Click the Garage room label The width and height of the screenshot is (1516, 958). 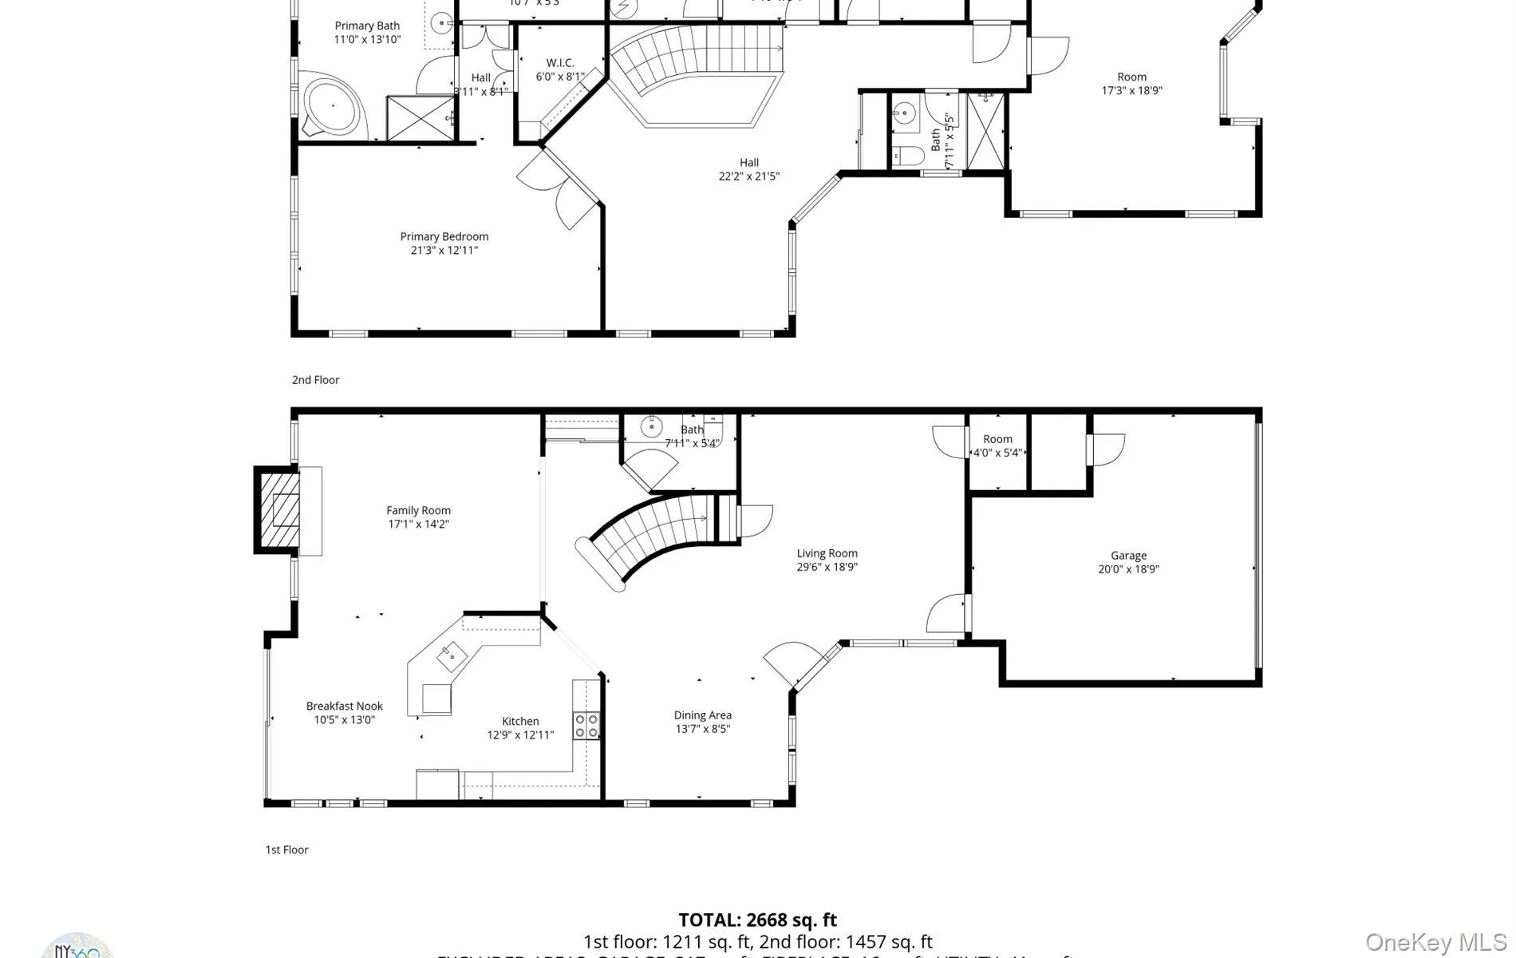[x=1128, y=556]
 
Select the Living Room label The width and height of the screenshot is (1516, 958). [x=827, y=553]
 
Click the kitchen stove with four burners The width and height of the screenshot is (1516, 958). [x=586, y=725]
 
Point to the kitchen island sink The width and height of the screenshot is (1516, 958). [x=452, y=658]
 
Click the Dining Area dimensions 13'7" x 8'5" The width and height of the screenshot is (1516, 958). [x=702, y=729]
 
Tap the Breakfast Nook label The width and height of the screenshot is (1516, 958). [x=344, y=706]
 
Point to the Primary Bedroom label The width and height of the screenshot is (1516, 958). [x=444, y=236]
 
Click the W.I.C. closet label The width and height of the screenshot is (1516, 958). [x=559, y=63]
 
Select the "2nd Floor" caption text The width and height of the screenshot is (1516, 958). [x=315, y=380]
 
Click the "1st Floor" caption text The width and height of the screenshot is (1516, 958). [x=286, y=849]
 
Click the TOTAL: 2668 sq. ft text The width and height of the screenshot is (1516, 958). [x=757, y=920]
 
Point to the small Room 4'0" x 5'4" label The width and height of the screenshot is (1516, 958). [x=997, y=439]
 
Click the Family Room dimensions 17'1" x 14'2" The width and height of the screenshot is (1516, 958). [x=418, y=525]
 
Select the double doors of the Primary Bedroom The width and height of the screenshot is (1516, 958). [x=559, y=188]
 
